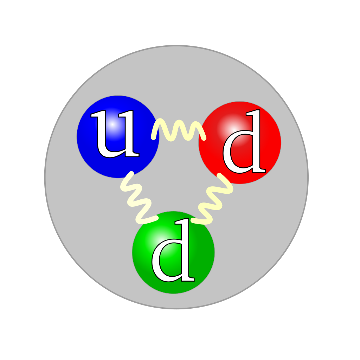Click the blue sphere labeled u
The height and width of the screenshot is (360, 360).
click(x=118, y=137)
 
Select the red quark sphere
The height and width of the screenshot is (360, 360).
click(x=240, y=143)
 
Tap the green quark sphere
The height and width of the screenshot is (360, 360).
click(x=173, y=252)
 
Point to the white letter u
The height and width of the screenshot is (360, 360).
click(x=115, y=134)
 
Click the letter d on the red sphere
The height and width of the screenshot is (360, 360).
click(x=244, y=141)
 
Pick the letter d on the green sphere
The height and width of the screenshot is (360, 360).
click(x=173, y=250)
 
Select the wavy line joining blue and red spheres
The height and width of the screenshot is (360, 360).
click(x=179, y=130)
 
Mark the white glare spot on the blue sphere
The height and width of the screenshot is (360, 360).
click(x=112, y=124)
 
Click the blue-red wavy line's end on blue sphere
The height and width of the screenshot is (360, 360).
click(x=153, y=138)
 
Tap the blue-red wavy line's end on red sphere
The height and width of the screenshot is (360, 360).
click(x=204, y=138)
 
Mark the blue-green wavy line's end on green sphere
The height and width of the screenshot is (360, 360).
click(x=156, y=218)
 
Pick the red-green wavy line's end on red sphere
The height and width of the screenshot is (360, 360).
click(x=219, y=175)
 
